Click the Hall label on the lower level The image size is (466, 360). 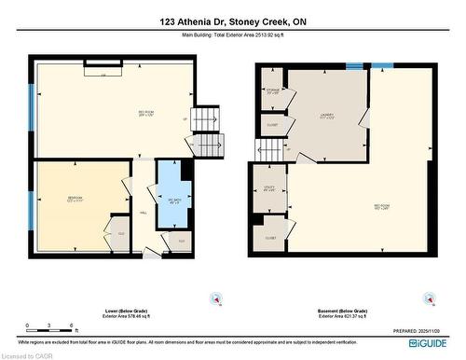pyautogui.click(x=144, y=214)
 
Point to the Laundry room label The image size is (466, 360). pyautogui.click(x=327, y=116)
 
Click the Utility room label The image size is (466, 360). pyautogui.click(x=269, y=189)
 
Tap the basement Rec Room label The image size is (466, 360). pyautogui.click(x=382, y=207)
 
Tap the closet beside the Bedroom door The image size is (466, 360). pyautogui.click(x=121, y=233)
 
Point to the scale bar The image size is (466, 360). pyautogui.click(x=50, y=327)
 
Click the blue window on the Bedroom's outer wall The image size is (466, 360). pyautogui.click(x=32, y=210)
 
